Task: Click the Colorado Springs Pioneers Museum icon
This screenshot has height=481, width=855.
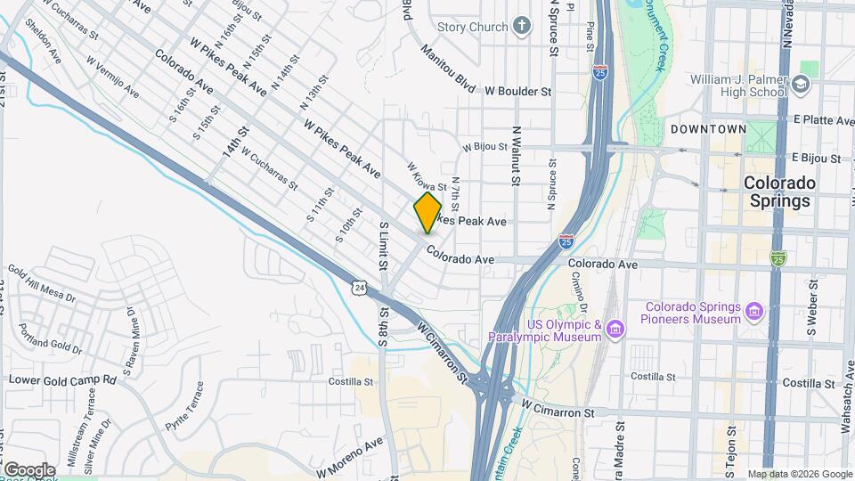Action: click(x=755, y=312)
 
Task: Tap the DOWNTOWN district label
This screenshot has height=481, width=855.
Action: click(x=708, y=129)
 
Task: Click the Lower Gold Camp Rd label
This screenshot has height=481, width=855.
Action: click(x=62, y=379)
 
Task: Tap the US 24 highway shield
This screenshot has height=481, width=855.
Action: click(x=358, y=287)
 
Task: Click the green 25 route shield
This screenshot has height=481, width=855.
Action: click(x=778, y=258)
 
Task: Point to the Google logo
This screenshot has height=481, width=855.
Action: click(x=29, y=469)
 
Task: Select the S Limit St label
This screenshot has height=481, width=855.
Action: click(x=383, y=247)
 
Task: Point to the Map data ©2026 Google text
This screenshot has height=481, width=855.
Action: click(x=798, y=474)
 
